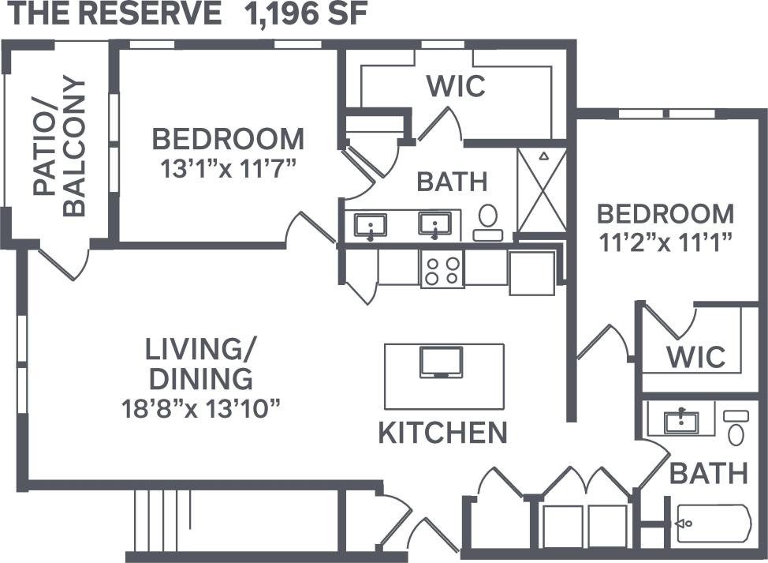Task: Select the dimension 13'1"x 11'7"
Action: point(227,169)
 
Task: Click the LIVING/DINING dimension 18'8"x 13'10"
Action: point(202,408)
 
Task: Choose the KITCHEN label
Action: point(442,433)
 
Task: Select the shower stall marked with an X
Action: point(542,190)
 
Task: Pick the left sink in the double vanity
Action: point(369,226)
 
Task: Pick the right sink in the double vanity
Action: point(434,226)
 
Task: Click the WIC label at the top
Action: point(456,86)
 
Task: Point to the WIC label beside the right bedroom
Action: point(695,356)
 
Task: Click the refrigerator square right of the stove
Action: point(532,272)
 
